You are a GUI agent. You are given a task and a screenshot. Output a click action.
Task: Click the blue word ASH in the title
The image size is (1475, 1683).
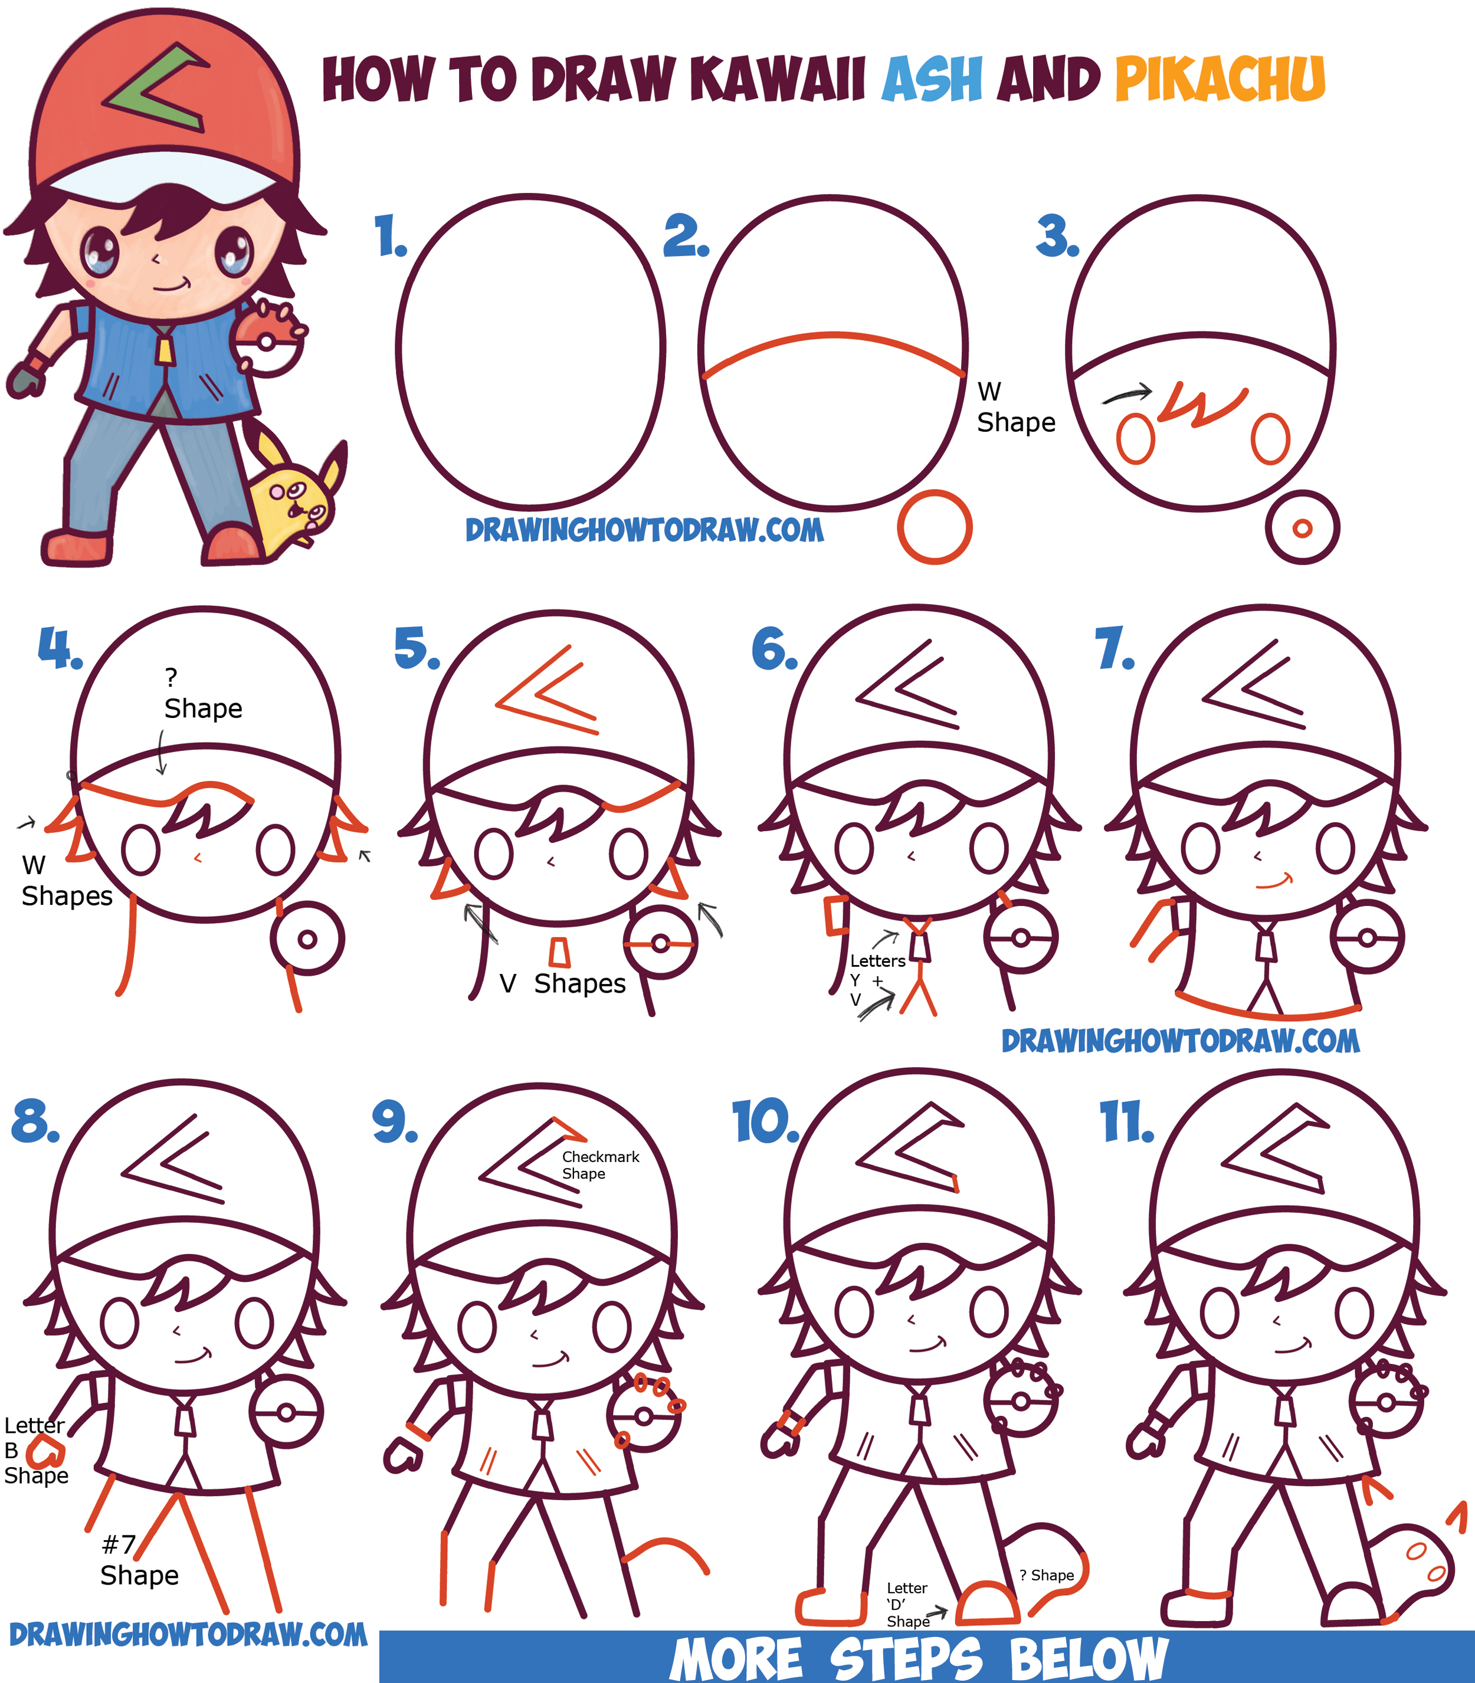932,80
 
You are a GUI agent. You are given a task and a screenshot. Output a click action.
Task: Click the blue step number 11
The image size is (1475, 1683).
1126,1123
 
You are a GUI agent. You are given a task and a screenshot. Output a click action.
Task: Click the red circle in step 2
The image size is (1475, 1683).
934,527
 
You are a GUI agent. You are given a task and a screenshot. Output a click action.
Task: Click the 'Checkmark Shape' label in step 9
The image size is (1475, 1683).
600,1164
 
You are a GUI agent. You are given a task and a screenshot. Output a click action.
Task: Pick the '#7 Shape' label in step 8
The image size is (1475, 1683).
138,1560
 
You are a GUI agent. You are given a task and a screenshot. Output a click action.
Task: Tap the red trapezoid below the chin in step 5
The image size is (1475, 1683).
560,953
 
